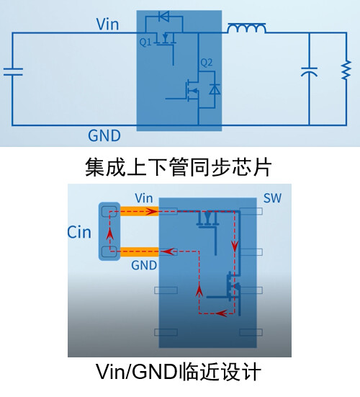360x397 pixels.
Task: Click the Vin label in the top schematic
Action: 107,24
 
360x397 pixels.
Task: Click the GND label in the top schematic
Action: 104,135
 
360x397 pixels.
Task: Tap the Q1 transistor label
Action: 145,43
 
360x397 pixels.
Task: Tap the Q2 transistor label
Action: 206,63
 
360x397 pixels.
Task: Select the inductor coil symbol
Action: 247,28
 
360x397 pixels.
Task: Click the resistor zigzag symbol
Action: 346,70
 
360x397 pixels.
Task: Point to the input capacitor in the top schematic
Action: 13,71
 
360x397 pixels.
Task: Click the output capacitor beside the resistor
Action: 309,72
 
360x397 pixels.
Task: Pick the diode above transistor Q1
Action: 163,17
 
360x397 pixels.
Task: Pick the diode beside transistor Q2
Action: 215,89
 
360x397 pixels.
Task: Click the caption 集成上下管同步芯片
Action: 179,167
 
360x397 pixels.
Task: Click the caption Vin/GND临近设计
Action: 179,372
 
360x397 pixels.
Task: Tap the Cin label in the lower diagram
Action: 79,232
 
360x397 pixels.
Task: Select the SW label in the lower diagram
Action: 272,198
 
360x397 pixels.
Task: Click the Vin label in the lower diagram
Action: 144,198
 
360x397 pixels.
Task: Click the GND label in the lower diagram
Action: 144,265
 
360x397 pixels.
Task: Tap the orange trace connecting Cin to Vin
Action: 140,211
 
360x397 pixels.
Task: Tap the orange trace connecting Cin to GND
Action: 140,252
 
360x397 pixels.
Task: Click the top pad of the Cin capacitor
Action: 109,212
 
